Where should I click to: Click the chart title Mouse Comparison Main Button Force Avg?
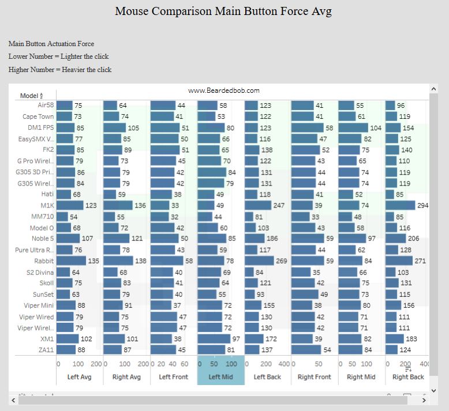(x=223, y=12)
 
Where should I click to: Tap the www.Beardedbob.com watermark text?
(x=224, y=91)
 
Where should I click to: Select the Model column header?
(x=29, y=96)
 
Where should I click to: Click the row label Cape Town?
(x=38, y=116)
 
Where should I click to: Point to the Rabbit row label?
(x=44, y=261)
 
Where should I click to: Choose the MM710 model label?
(x=42, y=217)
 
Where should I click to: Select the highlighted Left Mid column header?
(x=221, y=377)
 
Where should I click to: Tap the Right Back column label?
(x=408, y=377)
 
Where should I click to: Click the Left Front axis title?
(x=173, y=377)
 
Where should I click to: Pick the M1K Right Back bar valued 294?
(x=400, y=205)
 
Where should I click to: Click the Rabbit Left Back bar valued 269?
(x=259, y=261)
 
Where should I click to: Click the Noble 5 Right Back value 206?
(x=413, y=239)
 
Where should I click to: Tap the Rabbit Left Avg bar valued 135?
(x=70, y=261)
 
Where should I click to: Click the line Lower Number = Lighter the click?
(x=58, y=56)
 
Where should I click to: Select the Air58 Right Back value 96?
(x=401, y=105)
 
